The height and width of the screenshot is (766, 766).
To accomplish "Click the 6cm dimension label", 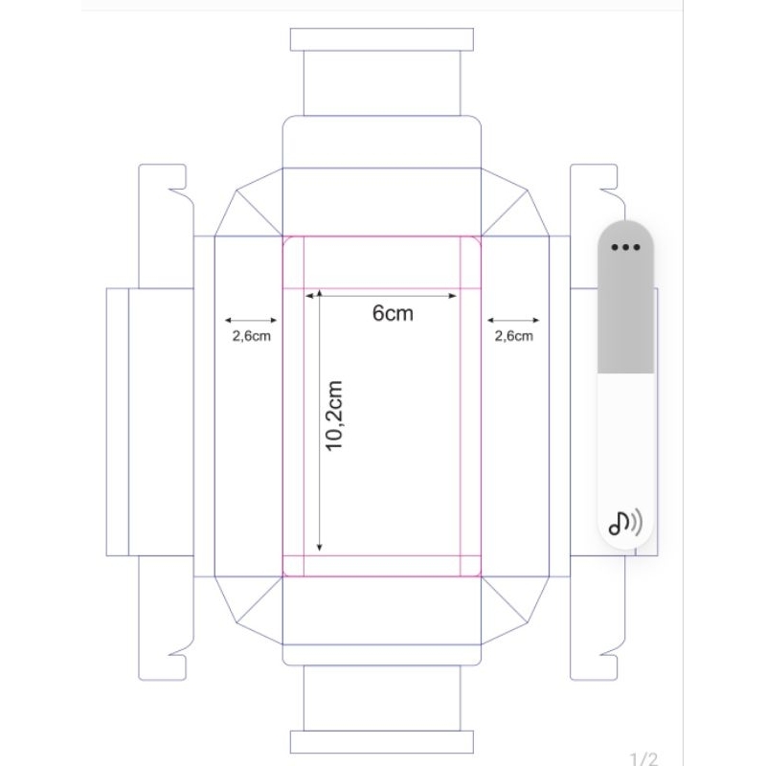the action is [x=393, y=313].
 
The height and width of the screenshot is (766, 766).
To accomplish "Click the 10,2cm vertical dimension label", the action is [x=334, y=416].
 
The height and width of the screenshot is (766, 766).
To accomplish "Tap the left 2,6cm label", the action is [x=251, y=336].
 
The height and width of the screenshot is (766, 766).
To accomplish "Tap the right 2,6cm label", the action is [x=513, y=336].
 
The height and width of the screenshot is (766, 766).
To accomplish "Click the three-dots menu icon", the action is [x=625, y=247].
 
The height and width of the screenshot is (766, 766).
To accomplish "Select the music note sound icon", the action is [x=625, y=523].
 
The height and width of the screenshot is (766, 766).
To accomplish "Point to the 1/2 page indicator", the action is [x=643, y=758].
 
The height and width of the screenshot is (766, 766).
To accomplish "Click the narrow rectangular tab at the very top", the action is [x=381, y=39].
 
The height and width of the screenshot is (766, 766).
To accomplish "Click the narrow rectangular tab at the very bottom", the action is [x=381, y=742].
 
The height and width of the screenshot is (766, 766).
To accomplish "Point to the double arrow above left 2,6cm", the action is [x=251, y=321].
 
